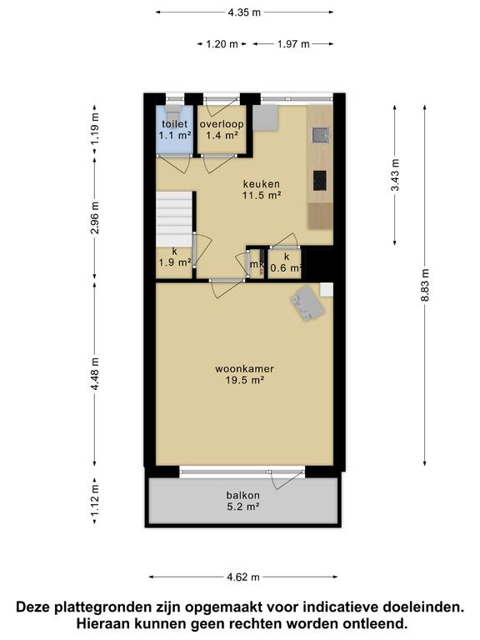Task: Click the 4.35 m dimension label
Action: [x=244, y=12]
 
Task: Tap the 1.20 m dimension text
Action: [x=222, y=43]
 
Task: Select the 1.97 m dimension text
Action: [x=293, y=43]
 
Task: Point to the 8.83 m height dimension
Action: [x=425, y=285]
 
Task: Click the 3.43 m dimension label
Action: [x=395, y=175]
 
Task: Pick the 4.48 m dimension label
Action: [x=95, y=373]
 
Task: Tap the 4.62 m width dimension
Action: [x=243, y=577]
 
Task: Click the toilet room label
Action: [x=175, y=124]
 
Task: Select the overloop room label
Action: [x=222, y=124]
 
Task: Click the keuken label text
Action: [x=262, y=184]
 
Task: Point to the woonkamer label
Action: [x=244, y=369]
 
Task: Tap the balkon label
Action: [x=243, y=496]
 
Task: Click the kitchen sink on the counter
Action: [x=320, y=135]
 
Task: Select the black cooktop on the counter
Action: [x=320, y=181]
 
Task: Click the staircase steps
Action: [x=174, y=219]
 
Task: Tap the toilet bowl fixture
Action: [x=174, y=112]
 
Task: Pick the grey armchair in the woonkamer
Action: [x=307, y=302]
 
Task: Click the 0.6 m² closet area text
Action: [x=286, y=268]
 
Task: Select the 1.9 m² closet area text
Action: [x=175, y=262]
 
